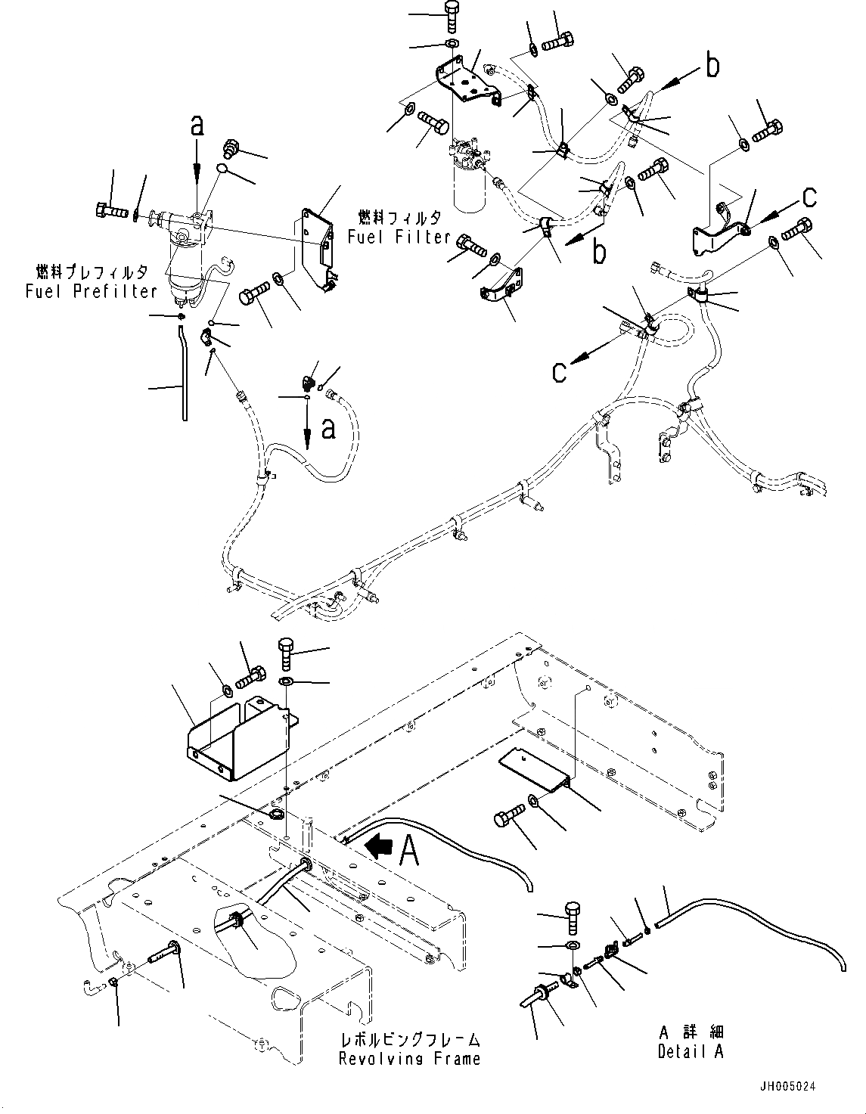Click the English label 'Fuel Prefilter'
coord(91,291)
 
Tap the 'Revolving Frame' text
coord(409,1058)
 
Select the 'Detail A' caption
coord(690,1051)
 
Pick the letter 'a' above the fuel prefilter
coord(197,126)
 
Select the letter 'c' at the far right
coord(809,197)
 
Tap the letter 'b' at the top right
coord(711,67)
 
